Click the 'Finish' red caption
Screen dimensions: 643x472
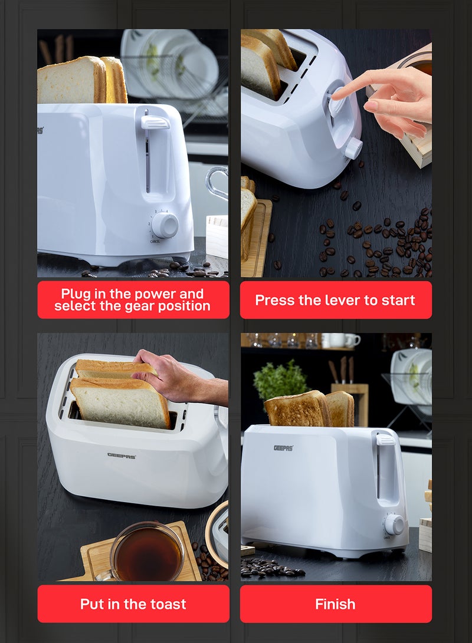tap(335, 604)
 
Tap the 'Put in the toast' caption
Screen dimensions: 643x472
tap(133, 604)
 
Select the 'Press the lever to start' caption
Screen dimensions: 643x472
tap(335, 300)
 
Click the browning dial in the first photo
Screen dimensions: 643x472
tap(165, 225)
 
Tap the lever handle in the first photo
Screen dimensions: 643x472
tap(155, 123)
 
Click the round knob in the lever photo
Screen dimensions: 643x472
tap(353, 148)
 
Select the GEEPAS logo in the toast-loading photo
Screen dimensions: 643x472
tap(122, 455)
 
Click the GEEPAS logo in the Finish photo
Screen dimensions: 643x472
tap(283, 448)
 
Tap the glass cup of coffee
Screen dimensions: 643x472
tap(147, 552)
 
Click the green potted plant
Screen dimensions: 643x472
tap(281, 380)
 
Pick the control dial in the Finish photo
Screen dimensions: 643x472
tap(394, 524)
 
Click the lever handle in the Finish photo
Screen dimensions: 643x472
tap(385, 439)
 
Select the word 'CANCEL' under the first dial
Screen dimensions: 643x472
tap(155, 242)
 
